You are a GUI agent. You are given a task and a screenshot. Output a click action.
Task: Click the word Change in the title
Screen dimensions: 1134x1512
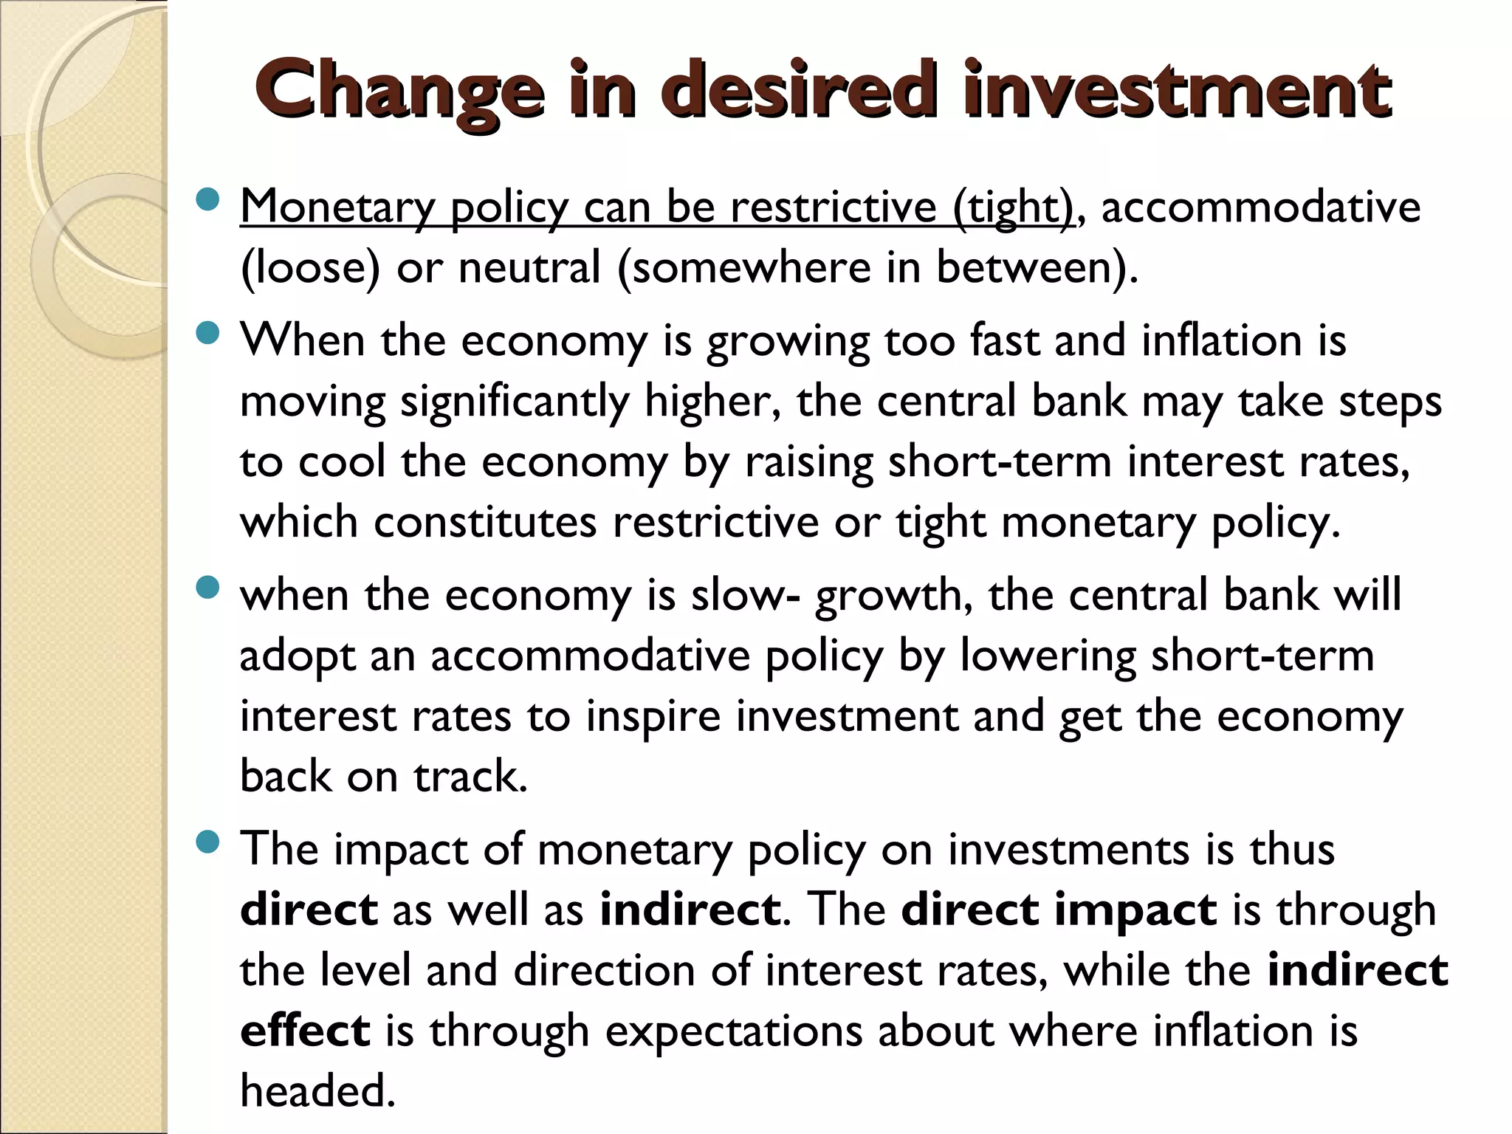click(399, 92)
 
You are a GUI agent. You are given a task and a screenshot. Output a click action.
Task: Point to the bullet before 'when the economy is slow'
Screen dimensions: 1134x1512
click(209, 588)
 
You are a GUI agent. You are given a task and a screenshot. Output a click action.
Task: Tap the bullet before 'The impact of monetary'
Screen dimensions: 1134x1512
click(209, 842)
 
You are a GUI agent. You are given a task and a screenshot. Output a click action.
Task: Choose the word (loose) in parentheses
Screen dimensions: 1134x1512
click(310, 267)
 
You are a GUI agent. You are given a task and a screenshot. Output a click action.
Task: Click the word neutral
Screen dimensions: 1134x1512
click(529, 267)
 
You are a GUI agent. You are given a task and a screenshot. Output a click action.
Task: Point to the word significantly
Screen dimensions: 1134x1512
click(515, 402)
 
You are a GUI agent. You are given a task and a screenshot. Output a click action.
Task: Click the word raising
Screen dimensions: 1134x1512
click(808, 464)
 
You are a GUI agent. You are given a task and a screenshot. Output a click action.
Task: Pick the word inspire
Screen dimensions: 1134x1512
click(653, 717)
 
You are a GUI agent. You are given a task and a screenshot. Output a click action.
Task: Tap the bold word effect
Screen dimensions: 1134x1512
click(305, 1031)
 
